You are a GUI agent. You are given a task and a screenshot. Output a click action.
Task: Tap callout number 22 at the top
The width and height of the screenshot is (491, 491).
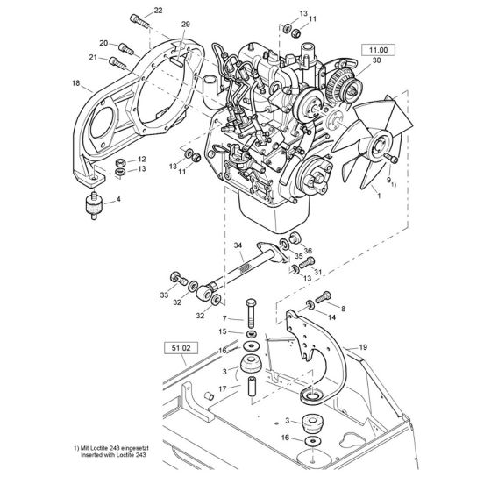[x=158, y=11]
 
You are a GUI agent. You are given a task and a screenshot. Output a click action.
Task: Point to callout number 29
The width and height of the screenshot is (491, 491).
[x=184, y=24]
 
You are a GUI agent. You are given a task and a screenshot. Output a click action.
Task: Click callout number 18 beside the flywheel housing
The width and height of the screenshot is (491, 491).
[x=75, y=86]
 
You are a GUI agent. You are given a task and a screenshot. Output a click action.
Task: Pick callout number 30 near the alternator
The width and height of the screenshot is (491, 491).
[x=377, y=60]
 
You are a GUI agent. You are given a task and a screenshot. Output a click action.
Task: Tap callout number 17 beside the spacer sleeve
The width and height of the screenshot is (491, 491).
[x=222, y=388]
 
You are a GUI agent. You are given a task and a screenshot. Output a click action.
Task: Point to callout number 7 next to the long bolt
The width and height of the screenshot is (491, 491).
[x=225, y=317]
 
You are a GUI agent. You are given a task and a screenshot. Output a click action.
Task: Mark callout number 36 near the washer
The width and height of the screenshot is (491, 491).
[x=308, y=251]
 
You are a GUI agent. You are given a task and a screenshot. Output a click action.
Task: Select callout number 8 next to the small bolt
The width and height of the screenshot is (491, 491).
[x=342, y=309]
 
